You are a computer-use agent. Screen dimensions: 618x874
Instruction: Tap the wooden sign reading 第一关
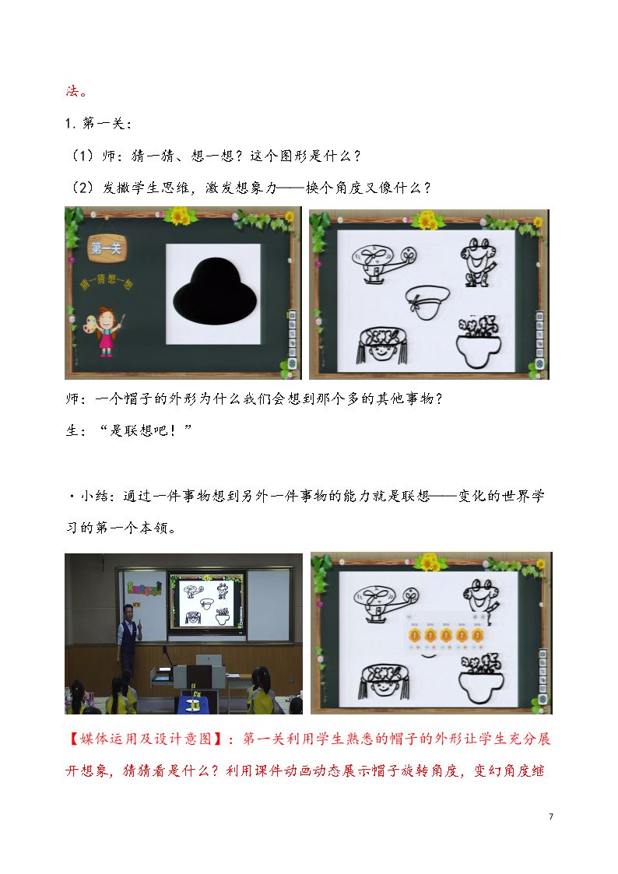106,247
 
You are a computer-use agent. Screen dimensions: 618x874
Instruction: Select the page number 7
551,816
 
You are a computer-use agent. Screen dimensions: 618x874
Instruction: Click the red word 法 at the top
72,91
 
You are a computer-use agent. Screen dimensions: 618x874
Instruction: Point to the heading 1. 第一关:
99,123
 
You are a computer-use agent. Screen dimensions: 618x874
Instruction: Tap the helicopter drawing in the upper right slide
384,262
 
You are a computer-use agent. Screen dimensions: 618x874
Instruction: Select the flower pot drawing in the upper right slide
478,342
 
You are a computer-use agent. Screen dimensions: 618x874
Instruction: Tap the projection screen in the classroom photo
207,602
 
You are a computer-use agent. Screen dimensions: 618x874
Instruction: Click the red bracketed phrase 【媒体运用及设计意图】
148,739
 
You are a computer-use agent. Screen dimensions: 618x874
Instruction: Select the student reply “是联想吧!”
146,430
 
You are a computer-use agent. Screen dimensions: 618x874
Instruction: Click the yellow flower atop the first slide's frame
180,215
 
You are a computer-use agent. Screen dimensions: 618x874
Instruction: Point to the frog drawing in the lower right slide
481,598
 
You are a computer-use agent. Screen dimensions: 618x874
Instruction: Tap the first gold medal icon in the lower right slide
414,635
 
